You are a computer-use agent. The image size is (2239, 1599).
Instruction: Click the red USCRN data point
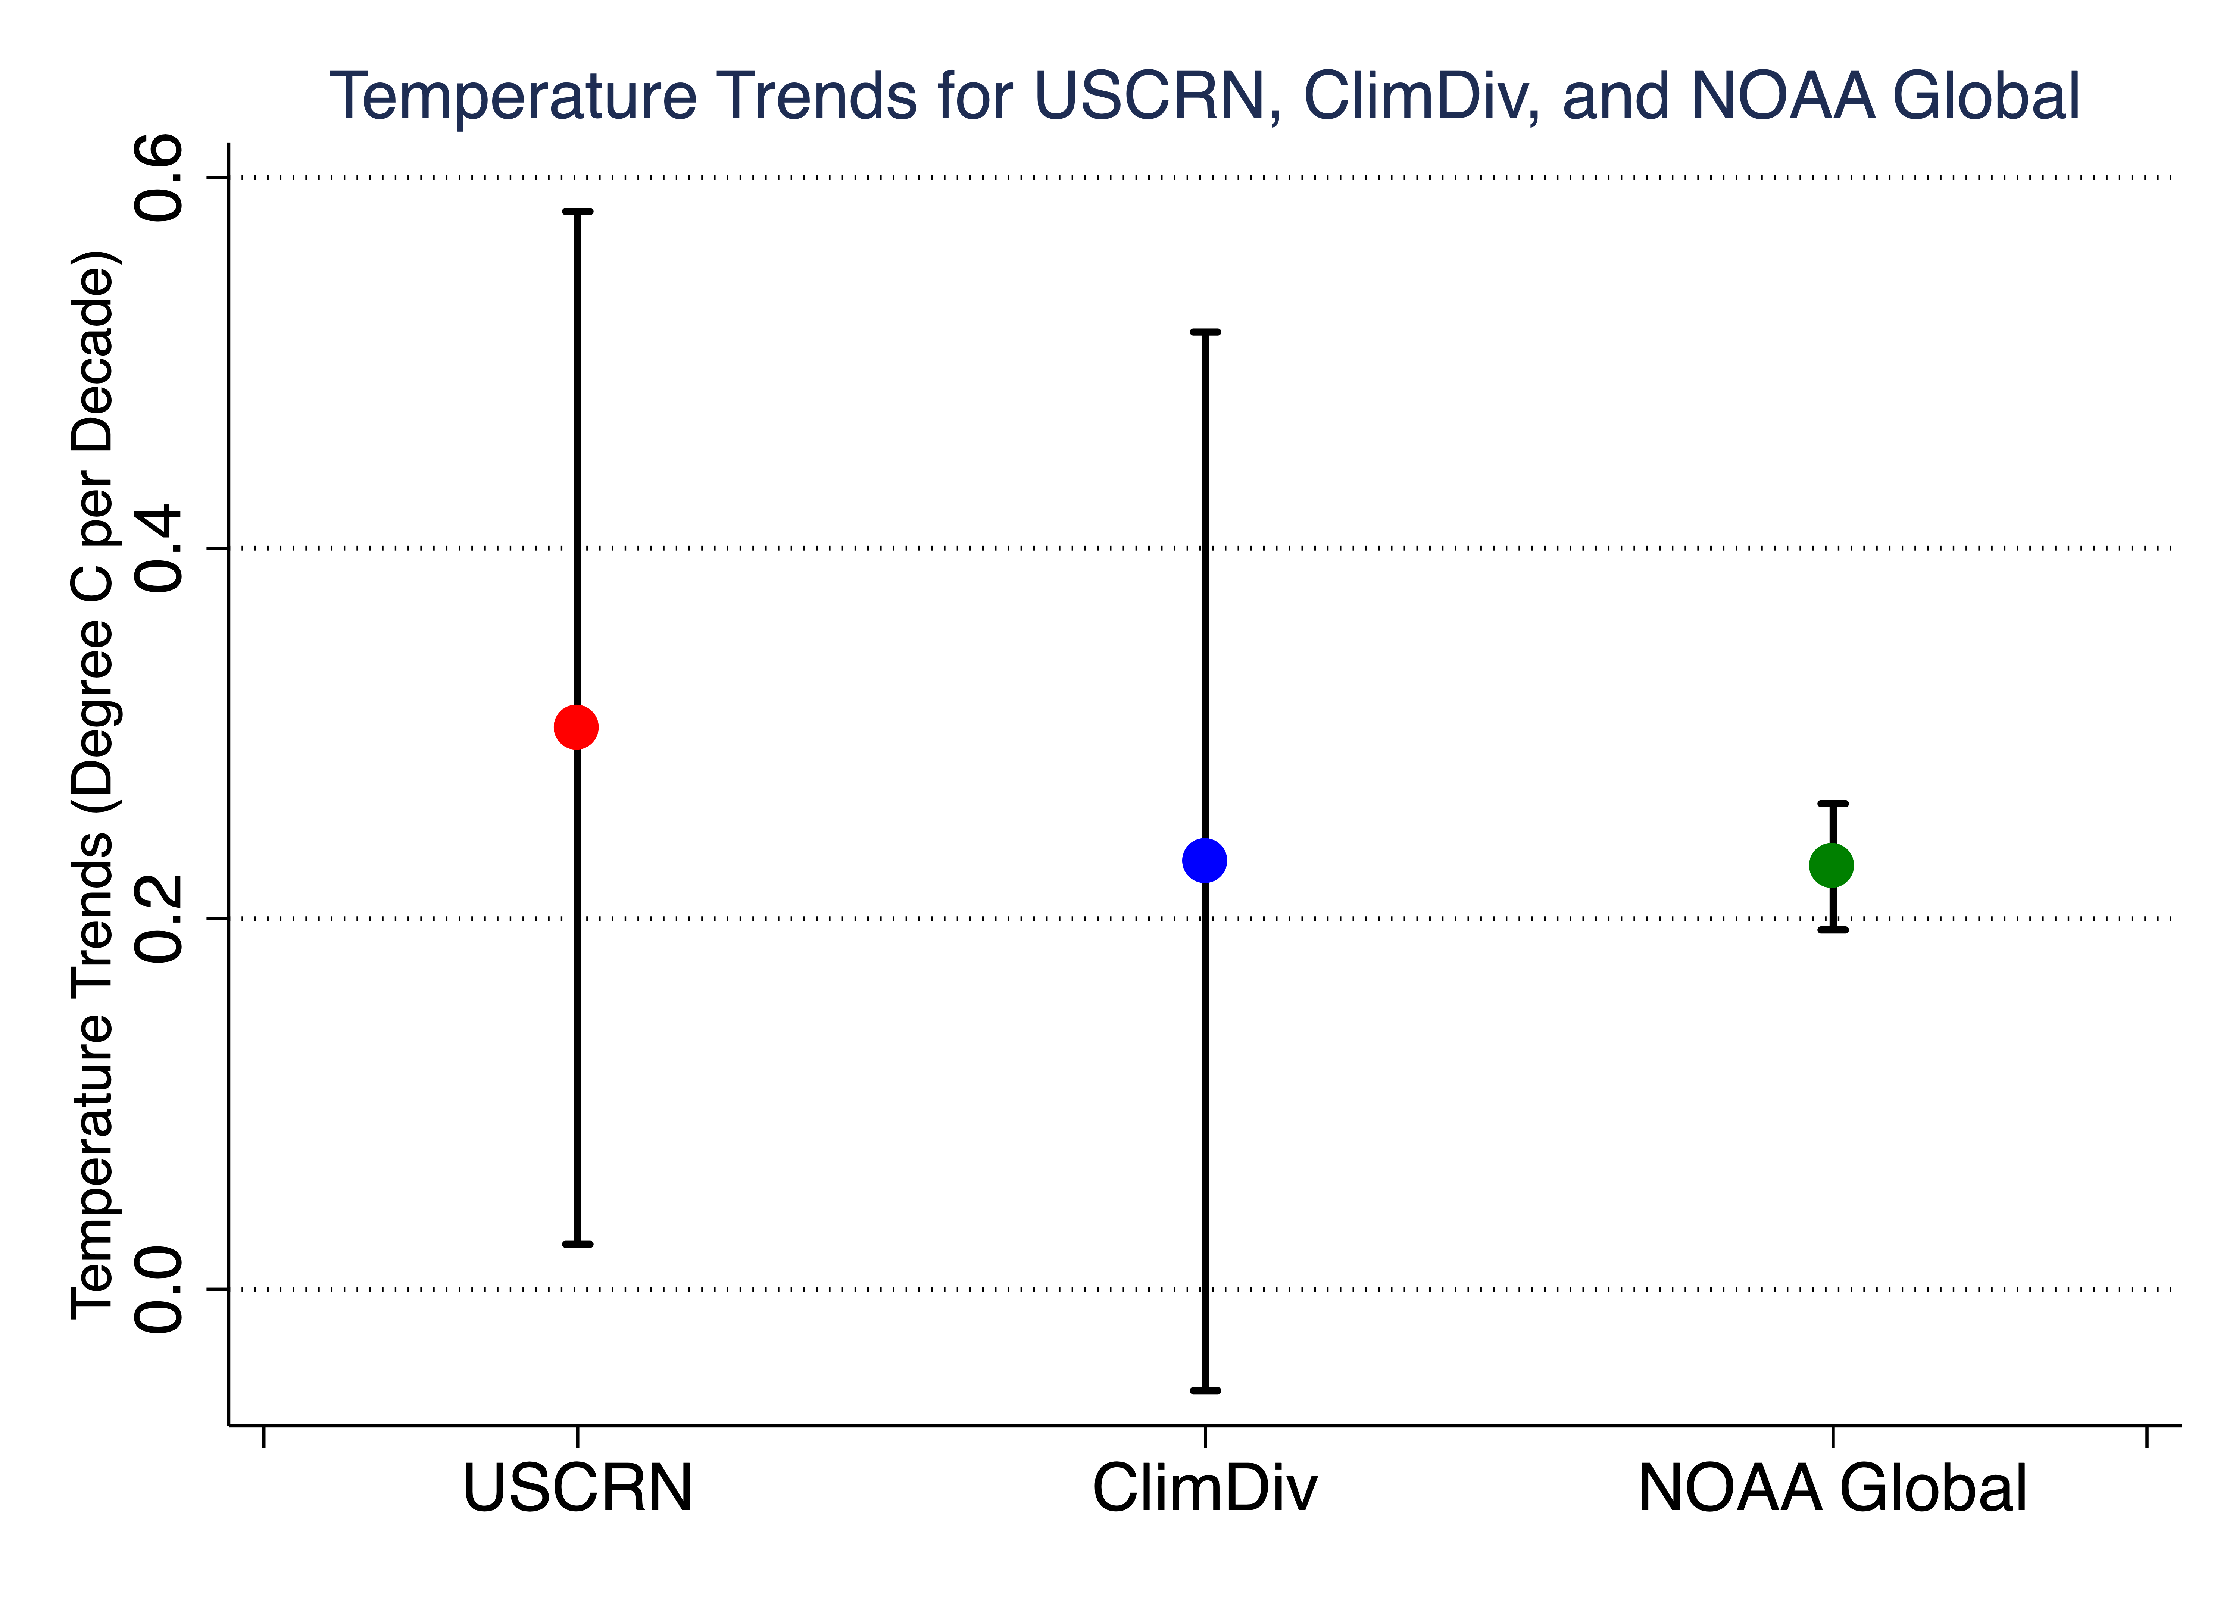576,727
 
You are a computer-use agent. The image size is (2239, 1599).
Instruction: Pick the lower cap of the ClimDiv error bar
1204,1390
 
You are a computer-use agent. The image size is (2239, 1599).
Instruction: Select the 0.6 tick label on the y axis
159,178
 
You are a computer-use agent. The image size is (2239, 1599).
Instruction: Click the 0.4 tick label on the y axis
159,548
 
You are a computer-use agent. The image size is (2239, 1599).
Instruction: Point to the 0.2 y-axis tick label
159,919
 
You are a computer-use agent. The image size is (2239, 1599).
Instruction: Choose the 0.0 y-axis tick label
159,1289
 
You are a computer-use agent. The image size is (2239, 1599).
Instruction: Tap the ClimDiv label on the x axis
1204,1489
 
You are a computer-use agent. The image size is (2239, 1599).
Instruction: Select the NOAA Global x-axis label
1832,1489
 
